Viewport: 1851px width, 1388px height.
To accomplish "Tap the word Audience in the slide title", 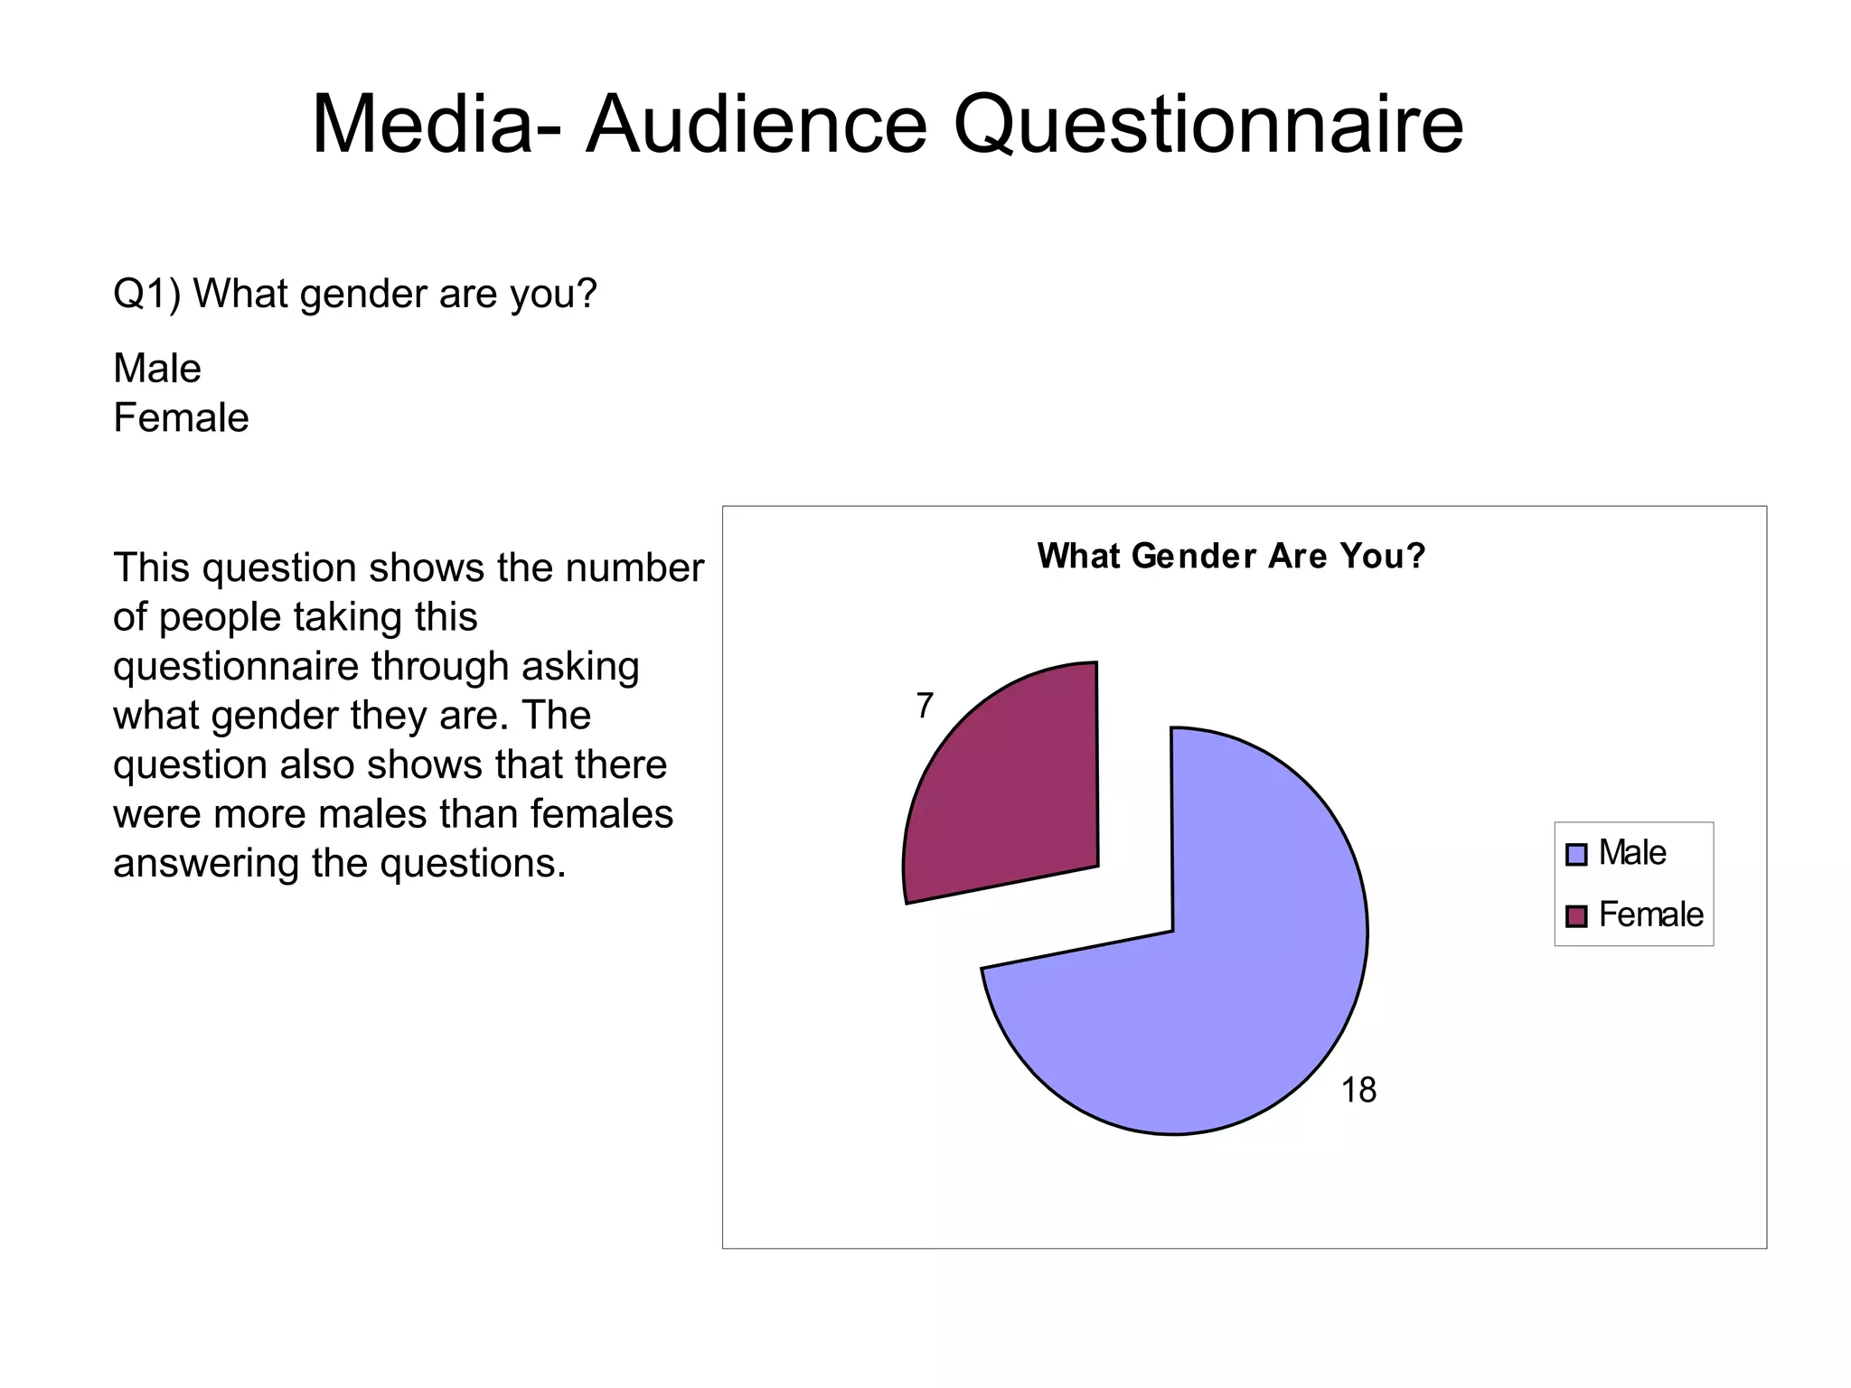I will click(x=756, y=125).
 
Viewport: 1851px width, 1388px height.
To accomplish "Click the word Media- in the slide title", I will click(x=436, y=125).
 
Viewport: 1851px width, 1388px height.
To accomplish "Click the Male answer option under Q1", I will click(x=157, y=369).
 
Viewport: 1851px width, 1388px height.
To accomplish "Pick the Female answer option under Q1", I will click(x=181, y=418).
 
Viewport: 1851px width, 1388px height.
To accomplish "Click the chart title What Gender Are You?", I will click(x=1231, y=556).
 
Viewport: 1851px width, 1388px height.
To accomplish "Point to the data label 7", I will click(x=924, y=706).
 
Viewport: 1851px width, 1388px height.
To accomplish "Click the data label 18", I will click(x=1358, y=1091).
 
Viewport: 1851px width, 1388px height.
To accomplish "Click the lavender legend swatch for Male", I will click(x=1576, y=855).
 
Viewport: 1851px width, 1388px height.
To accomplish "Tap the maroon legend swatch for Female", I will click(x=1576, y=916).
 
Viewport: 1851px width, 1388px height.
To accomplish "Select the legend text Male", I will click(x=1631, y=853).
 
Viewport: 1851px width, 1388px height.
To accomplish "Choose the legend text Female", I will click(x=1650, y=914).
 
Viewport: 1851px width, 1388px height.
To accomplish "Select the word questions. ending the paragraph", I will click(x=473, y=864).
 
